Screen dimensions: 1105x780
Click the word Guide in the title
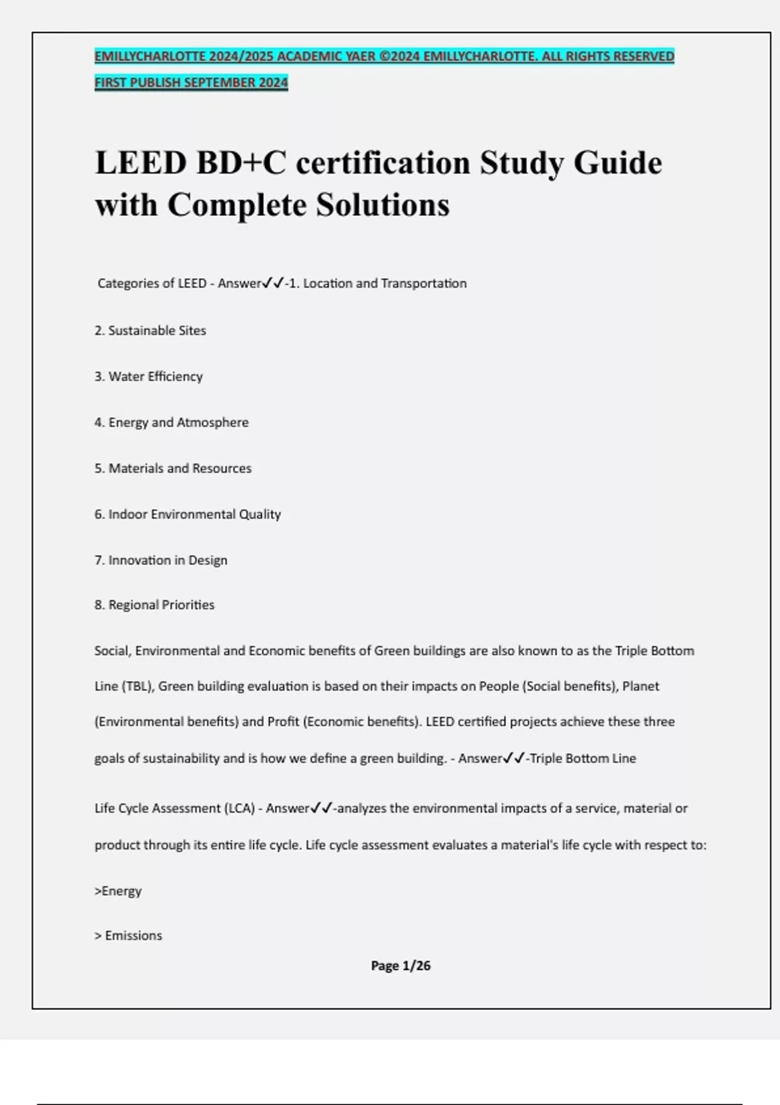617,162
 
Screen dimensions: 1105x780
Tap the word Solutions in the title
383,205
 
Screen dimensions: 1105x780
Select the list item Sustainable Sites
150,330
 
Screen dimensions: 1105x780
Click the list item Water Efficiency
149,376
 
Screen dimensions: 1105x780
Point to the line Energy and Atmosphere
172,422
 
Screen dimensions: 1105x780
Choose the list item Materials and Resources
173,468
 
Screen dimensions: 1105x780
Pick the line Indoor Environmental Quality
188,514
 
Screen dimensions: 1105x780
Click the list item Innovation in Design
161,560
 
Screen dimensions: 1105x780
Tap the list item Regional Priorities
155,605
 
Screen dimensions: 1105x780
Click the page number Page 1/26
400,966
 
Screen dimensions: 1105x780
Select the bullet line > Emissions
129,935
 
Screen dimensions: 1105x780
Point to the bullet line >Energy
118,890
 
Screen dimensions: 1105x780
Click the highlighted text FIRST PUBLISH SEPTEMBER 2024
191,83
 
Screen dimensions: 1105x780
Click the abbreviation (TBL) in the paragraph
136,686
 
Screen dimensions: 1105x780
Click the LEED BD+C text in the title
190,162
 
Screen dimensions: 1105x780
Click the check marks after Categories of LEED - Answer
273,283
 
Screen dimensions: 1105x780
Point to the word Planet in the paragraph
641,686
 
